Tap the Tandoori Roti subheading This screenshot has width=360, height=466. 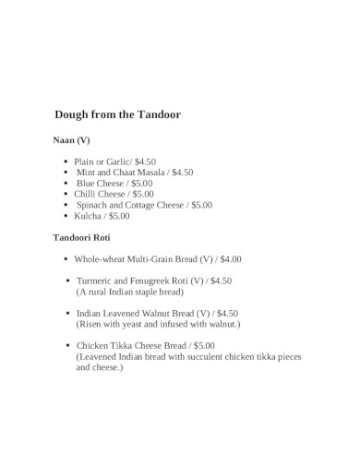pyautogui.click(x=83, y=237)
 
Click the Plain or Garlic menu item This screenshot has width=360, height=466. pyautogui.click(x=114, y=161)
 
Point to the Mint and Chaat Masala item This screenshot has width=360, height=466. pyautogui.click(x=134, y=173)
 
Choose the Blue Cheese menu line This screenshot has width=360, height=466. pyautogui.click(x=115, y=184)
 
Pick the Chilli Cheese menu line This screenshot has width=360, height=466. pyautogui.click(x=114, y=195)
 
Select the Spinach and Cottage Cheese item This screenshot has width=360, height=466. pyautogui.click(x=144, y=205)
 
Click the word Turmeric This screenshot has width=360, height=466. pyautogui.click(x=96, y=280)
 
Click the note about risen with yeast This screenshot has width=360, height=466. pyautogui.click(x=157, y=324)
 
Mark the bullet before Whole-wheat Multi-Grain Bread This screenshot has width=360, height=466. pyautogui.click(x=66, y=260)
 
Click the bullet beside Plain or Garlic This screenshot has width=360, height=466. pyautogui.click(x=65, y=161)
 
